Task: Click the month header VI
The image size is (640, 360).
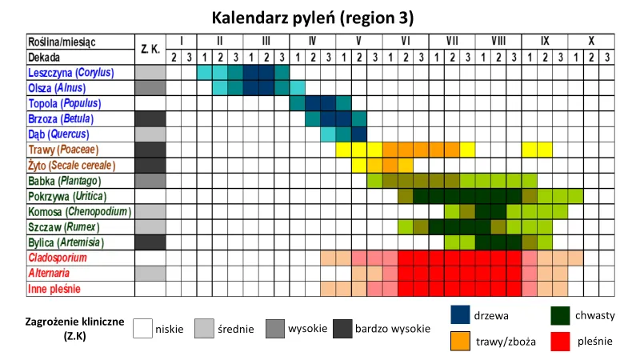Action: (406, 41)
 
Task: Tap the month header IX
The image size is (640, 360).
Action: (544, 41)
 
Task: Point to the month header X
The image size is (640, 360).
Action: (590, 41)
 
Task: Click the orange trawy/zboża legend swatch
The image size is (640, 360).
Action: (460, 341)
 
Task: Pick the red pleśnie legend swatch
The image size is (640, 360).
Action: (562, 341)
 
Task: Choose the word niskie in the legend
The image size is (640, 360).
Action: (170, 329)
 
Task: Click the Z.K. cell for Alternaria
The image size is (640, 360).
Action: (150, 274)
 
